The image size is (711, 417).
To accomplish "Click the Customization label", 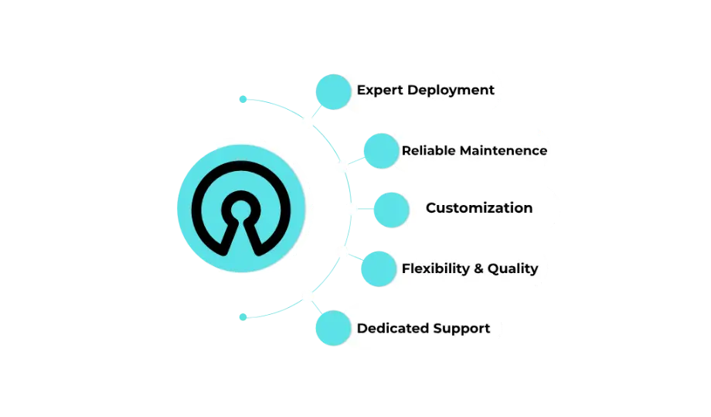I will [x=478, y=208].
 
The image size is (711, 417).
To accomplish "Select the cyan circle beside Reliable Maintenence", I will [x=379, y=150].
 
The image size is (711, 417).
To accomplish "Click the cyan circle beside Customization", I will [x=390, y=209].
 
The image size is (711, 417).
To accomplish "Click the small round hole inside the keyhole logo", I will [x=241, y=209].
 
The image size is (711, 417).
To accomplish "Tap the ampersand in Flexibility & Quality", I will [x=478, y=268].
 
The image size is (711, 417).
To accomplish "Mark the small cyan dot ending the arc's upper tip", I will [x=242, y=99].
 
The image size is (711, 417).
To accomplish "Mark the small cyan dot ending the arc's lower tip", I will [x=241, y=316].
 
